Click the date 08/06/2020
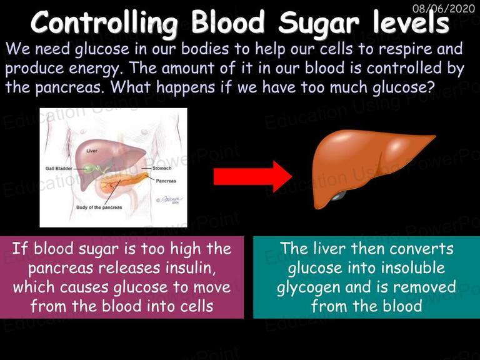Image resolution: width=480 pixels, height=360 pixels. point(444,8)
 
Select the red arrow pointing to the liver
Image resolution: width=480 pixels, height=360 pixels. point(252,177)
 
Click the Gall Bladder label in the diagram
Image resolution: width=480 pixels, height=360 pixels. point(59,168)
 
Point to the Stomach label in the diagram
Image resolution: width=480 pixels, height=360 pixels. point(162,168)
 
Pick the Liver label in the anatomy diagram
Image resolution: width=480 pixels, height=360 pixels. point(92,151)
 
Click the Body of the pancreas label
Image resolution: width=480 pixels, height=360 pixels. point(99,207)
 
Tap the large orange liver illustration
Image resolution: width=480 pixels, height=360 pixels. point(367,165)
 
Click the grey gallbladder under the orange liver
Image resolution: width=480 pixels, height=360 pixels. point(338,196)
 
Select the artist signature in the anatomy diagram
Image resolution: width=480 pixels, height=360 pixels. point(169,200)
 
